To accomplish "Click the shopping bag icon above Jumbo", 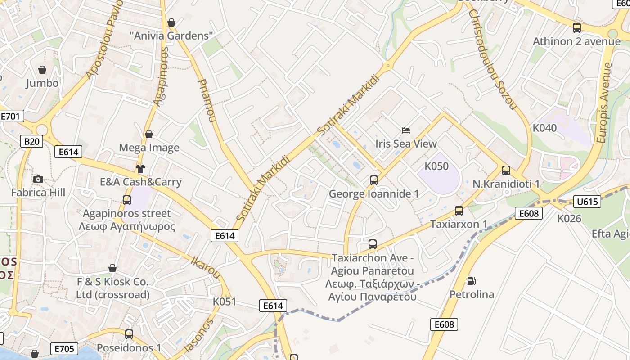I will [42, 70].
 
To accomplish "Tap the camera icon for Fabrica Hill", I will [38, 180].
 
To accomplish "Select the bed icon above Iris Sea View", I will [406, 130].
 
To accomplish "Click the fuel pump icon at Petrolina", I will [471, 281].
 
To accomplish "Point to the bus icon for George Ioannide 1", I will [373, 180].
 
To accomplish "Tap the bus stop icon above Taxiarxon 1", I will [459, 211].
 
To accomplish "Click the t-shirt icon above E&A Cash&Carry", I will [140, 169].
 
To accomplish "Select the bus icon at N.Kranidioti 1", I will [506, 171].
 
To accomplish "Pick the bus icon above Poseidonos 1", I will [129, 334].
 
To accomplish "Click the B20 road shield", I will [31, 142].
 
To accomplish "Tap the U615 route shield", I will [587, 202].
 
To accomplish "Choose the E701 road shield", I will [10, 117].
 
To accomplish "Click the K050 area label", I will [436, 166].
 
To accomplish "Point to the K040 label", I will [544, 128].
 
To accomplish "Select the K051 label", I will [225, 301].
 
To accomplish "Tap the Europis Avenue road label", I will [605, 103].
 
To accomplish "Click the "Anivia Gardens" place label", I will [171, 36].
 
